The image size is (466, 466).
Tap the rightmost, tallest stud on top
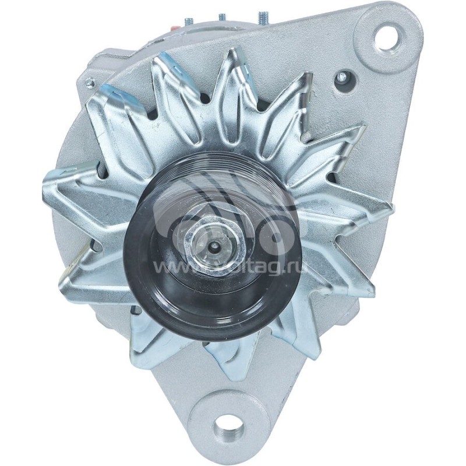coord(263,17)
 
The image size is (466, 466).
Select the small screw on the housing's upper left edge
coord(89,83)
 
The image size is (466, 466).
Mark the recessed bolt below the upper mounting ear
coord(342,76)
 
